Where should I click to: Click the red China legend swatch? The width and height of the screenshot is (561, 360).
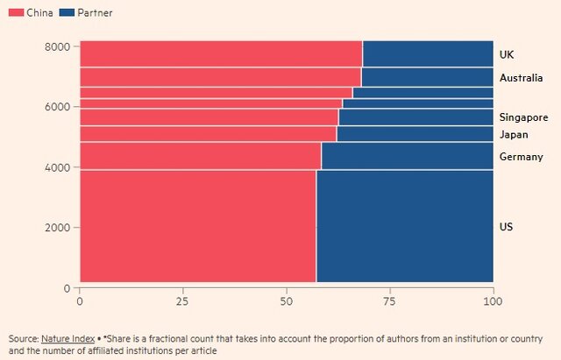(x=14, y=13)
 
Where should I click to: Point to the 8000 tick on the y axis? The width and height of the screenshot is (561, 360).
(x=58, y=46)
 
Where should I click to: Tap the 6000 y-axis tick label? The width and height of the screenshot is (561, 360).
(x=58, y=107)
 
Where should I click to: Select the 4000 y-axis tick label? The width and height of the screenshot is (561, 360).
(x=58, y=167)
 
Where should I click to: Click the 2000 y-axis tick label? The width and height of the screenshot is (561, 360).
(x=58, y=228)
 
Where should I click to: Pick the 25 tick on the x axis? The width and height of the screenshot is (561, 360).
(x=183, y=301)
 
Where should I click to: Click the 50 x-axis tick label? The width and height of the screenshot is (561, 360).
(x=287, y=301)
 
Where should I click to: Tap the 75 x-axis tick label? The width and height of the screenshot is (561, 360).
(x=390, y=301)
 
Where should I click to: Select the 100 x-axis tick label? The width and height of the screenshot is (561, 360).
(x=494, y=301)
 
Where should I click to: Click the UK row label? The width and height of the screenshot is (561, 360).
(x=507, y=54)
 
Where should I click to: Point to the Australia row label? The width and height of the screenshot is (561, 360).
(x=522, y=78)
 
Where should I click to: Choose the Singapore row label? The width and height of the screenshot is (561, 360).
(x=523, y=117)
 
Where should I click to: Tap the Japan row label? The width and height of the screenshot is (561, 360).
(x=514, y=134)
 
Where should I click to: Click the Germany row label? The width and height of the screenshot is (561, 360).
(x=522, y=156)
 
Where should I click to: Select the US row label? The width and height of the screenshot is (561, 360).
(x=506, y=227)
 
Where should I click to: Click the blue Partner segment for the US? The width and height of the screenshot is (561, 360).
(x=404, y=227)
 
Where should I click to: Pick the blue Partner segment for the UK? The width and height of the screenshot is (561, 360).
(x=428, y=54)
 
